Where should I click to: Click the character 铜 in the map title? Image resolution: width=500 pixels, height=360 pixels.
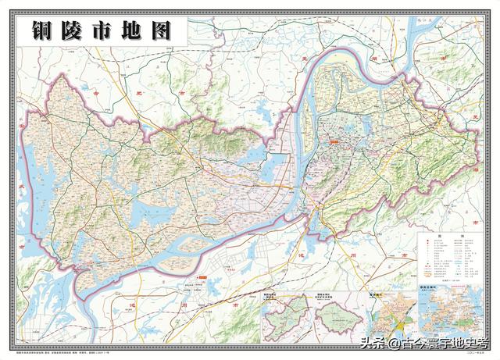(x=45, y=32)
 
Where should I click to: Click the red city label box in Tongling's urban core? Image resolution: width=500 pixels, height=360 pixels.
(x=334, y=141)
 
